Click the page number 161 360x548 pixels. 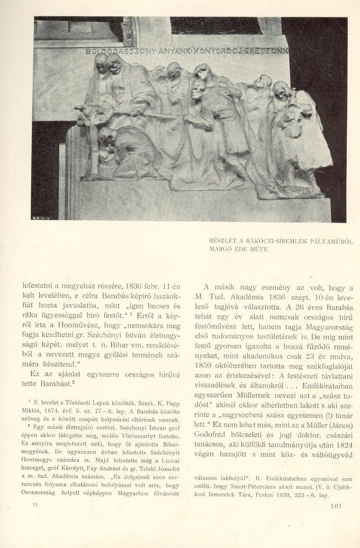(337, 505)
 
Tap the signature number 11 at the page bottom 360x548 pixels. (35, 506)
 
